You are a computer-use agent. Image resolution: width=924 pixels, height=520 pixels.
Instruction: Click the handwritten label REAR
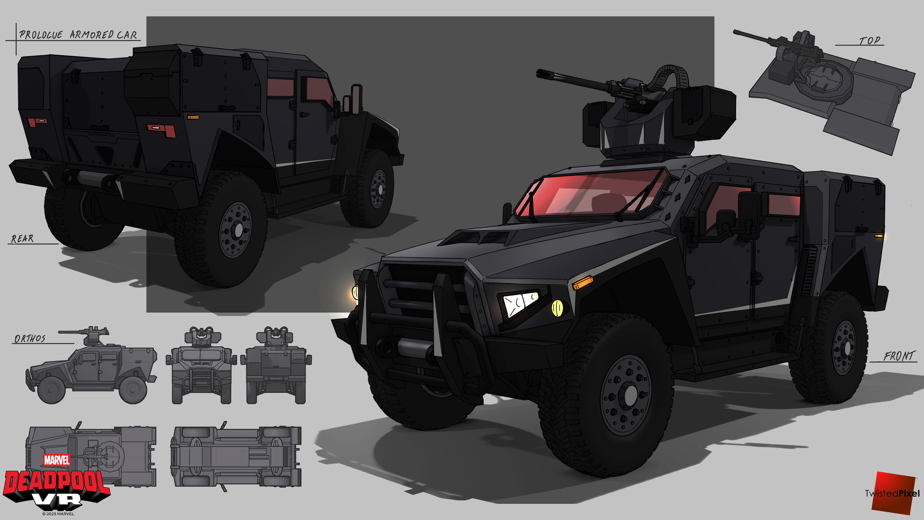pos(22,239)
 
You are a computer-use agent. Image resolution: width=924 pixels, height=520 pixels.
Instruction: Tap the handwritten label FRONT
pos(898,356)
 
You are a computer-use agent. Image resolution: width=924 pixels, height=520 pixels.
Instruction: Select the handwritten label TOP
pos(870,40)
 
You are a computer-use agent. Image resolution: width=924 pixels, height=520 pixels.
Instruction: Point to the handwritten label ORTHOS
pos(30,339)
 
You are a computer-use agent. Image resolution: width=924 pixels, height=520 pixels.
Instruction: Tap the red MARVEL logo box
pos(57,460)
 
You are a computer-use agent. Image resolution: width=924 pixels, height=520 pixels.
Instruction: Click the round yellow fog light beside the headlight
pos(557,308)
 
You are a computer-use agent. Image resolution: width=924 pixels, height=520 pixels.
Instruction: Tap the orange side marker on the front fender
pos(582,282)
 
